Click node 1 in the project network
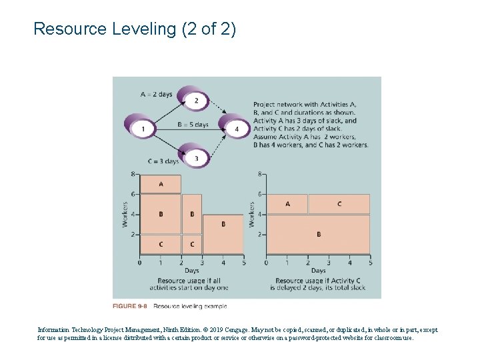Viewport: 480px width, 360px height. click(143, 128)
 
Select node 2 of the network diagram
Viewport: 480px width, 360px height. click(195, 101)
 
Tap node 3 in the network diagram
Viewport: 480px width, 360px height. click(195, 158)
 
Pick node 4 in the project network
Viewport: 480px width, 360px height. click(236, 128)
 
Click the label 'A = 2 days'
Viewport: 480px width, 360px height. click(157, 94)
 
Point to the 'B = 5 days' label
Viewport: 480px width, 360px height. click(193, 125)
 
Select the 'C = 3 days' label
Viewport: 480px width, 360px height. click(163, 161)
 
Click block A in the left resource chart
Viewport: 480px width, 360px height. click(160, 183)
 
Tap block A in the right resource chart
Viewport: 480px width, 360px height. click(287, 204)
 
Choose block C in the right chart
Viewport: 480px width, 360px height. click(339, 204)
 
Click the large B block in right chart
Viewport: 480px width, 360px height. click(318, 234)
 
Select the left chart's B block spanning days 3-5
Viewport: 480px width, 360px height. click(223, 224)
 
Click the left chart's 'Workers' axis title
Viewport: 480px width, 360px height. click(125, 214)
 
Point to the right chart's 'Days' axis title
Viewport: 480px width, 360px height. click(318, 271)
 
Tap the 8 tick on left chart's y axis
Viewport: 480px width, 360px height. click(133, 175)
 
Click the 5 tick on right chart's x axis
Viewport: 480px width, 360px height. click(369, 263)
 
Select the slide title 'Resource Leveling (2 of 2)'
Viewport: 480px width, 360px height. click(134, 29)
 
